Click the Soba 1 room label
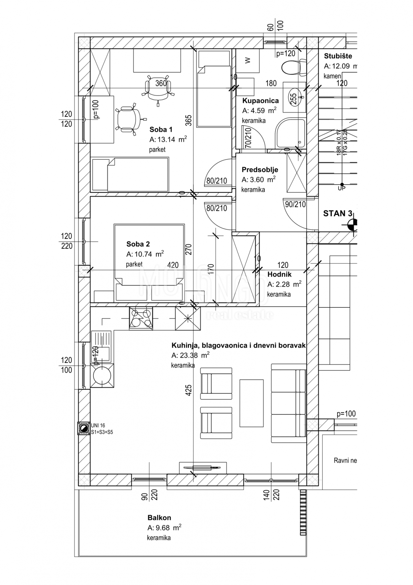(x=161, y=129)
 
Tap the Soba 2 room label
(x=138, y=244)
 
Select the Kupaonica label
(x=260, y=101)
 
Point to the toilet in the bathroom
(x=294, y=67)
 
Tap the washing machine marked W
(x=247, y=61)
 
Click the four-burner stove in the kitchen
(x=141, y=318)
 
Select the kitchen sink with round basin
(x=102, y=375)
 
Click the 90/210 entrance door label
(x=295, y=204)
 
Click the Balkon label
(x=159, y=518)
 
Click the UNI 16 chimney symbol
(x=83, y=428)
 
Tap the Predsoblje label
(x=260, y=170)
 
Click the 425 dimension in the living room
(x=188, y=390)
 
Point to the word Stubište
(x=338, y=56)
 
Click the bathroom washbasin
(x=294, y=97)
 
